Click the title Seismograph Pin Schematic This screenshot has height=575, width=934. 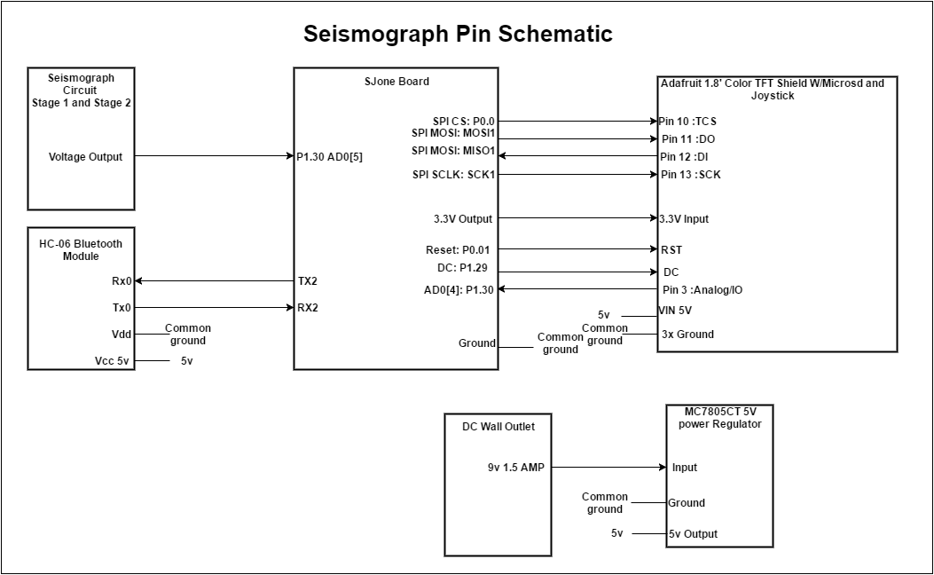(458, 34)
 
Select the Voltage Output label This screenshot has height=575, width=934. (85, 157)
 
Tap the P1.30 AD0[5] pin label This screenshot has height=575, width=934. (329, 157)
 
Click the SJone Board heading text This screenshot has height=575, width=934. (396, 82)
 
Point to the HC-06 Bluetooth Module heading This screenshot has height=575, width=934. (81, 249)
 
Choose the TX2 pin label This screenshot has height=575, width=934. (308, 280)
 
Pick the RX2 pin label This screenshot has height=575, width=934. (308, 307)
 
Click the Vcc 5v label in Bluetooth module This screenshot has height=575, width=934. (112, 361)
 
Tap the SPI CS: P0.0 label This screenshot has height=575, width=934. (463, 122)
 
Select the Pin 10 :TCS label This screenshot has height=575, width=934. (687, 122)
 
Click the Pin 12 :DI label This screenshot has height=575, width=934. (684, 157)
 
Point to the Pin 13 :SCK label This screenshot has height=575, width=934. (690, 175)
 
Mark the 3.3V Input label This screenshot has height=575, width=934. (684, 218)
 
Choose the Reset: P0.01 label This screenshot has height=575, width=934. (458, 249)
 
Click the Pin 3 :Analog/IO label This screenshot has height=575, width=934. (702, 290)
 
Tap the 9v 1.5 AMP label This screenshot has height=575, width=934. (516, 468)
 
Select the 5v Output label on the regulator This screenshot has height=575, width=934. (693, 534)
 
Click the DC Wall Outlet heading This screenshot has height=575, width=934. (498, 427)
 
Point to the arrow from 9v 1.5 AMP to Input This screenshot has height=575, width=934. (608, 467)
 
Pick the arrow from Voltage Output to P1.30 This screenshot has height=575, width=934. (215, 156)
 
